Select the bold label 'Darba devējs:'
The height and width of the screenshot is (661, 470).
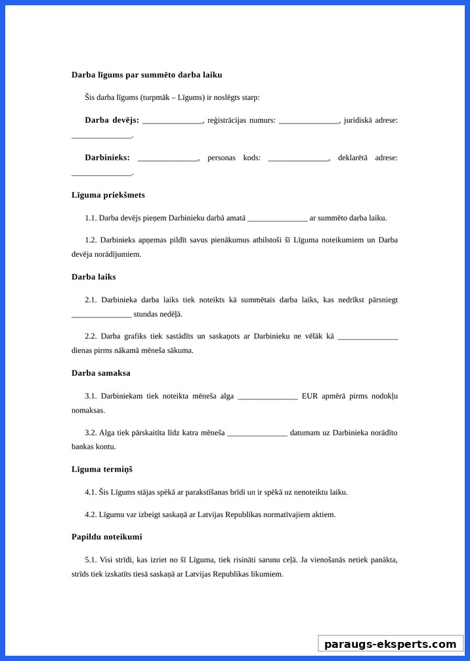(112, 120)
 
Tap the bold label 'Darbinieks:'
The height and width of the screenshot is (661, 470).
(107, 158)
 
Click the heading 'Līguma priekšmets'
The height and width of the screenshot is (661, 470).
(108, 195)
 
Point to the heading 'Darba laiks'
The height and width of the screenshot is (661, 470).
(93, 277)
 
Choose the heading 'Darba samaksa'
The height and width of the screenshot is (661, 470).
(101, 373)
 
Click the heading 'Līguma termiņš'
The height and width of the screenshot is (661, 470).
(102, 469)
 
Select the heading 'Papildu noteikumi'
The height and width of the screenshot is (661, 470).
(106, 537)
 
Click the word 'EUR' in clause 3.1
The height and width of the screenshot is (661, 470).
(309, 396)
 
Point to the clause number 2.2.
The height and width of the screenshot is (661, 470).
(91, 336)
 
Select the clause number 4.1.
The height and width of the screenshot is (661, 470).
(91, 492)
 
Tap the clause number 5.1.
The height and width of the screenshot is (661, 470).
(91, 560)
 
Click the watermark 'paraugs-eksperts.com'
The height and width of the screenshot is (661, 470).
(390, 644)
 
